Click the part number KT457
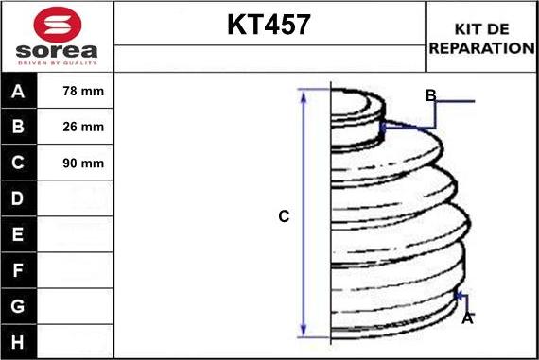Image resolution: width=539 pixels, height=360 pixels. click(269, 25)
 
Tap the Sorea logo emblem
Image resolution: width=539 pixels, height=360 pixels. click(57, 23)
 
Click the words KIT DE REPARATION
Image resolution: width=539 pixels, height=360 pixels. click(481, 38)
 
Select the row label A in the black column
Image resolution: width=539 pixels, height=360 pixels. click(19, 92)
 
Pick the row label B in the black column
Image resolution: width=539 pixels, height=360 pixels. click(19, 128)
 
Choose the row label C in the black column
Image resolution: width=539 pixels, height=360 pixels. click(19, 163)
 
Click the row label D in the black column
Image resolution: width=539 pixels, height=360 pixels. click(19, 199)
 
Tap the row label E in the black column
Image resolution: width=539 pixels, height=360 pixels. click(19, 234)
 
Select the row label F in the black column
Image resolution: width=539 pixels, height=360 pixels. click(19, 270)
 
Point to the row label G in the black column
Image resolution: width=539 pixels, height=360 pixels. click(19, 306)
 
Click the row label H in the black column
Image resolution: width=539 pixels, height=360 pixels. click(19, 341)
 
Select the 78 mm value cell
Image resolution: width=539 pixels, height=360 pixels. click(82, 92)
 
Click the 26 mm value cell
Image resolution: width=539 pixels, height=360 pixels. click(82, 128)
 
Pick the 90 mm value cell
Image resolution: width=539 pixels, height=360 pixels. click(82, 163)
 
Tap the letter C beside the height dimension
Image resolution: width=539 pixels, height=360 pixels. click(283, 216)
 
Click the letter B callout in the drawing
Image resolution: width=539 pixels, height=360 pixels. click(430, 95)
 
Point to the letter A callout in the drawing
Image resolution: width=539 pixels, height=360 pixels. click(466, 318)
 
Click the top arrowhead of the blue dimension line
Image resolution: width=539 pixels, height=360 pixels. click(304, 94)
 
